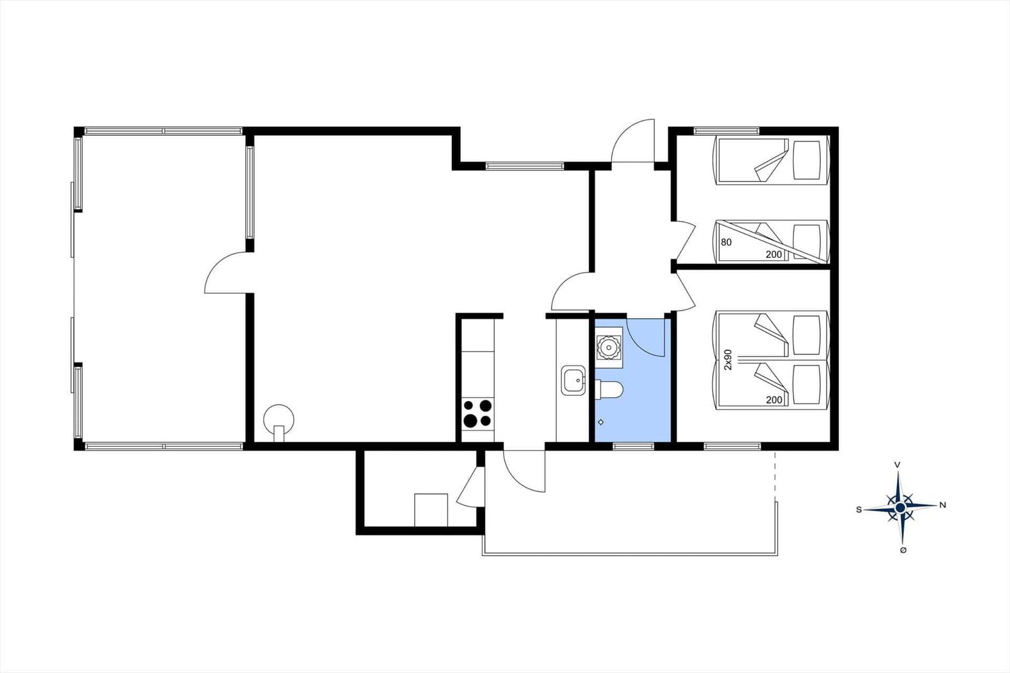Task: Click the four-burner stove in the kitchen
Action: [x=478, y=413]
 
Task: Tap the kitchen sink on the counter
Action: [x=573, y=380]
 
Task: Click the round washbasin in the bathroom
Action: [x=609, y=347]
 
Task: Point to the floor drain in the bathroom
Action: [x=600, y=422]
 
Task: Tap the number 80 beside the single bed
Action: [x=726, y=242]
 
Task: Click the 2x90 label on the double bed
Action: [x=728, y=359]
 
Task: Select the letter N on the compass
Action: [x=942, y=506]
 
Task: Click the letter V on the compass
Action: [x=897, y=465]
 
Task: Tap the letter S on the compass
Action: [x=859, y=509]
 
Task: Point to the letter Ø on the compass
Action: [x=903, y=551]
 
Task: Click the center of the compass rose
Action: [x=900, y=508]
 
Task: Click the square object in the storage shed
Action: [x=431, y=509]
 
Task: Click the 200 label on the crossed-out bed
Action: [x=774, y=254]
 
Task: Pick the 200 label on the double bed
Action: [x=774, y=400]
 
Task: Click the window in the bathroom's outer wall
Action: [x=634, y=446]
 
